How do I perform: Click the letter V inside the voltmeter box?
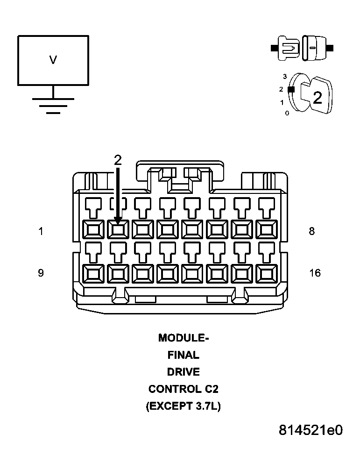(53, 60)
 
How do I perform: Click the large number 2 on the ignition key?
(318, 98)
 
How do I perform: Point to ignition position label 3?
(284, 76)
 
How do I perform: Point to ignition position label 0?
(287, 113)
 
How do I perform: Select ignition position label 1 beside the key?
(282, 102)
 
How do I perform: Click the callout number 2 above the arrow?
(118, 160)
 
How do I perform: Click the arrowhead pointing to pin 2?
(118, 219)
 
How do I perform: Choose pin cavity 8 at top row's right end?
(266, 229)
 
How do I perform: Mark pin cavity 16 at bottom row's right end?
(266, 274)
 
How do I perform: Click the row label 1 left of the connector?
(41, 231)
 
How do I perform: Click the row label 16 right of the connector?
(315, 273)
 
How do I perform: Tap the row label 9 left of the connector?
(41, 273)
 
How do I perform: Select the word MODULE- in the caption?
(184, 338)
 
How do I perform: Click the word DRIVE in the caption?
(184, 372)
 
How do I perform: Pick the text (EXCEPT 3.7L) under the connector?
(184, 406)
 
